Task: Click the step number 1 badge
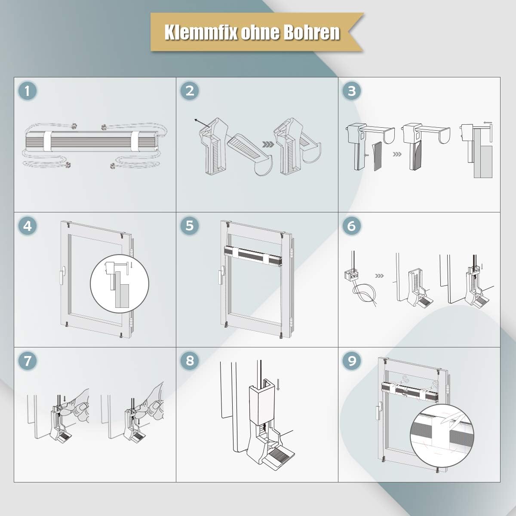point(28,91)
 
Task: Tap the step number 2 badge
point(190,91)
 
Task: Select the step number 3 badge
point(352,91)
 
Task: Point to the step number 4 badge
point(28,226)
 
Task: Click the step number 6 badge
point(352,226)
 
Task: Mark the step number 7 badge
point(28,361)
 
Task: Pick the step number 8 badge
point(190,360)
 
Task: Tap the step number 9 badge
point(352,361)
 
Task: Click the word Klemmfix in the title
point(201,32)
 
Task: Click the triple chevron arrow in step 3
point(397,154)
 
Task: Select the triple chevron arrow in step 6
point(379,276)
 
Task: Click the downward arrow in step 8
point(278,384)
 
